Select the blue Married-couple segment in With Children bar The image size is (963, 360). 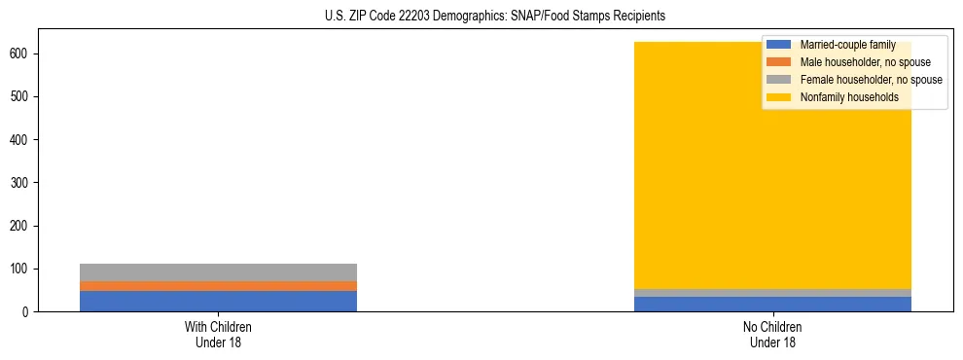point(218,301)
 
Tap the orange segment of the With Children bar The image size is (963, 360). point(218,286)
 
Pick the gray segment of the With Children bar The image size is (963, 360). point(218,272)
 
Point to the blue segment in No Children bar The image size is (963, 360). point(772,304)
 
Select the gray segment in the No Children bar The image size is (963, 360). point(772,293)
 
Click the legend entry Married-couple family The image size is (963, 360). point(847,45)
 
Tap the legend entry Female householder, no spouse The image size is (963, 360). point(871,80)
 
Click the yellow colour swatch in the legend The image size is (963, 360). point(779,97)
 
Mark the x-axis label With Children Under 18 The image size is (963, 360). point(218,334)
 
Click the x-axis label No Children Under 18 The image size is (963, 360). point(772,334)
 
